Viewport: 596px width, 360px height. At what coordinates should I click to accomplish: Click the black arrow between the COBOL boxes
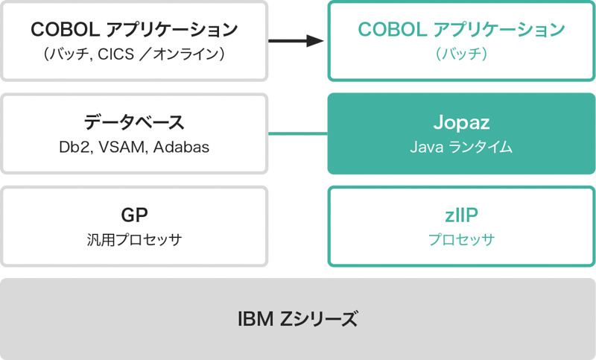(x=296, y=40)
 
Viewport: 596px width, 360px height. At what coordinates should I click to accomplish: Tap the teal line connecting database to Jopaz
(x=297, y=134)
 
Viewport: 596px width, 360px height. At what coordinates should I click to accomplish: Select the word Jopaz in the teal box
(x=461, y=123)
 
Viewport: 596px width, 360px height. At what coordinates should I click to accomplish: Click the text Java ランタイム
(x=461, y=148)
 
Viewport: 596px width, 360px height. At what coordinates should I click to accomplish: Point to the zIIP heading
(x=461, y=215)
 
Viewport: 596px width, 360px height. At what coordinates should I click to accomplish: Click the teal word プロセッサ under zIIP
(x=461, y=240)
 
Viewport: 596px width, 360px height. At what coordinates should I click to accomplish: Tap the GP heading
(x=134, y=215)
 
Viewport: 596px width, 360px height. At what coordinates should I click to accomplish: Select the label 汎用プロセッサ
(x=134, y=240)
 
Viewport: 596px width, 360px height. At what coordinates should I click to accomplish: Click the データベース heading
(x=134, y=123)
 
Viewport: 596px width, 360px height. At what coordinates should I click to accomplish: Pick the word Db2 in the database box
(x=74, y=148)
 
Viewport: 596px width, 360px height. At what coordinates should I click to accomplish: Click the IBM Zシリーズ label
(x=297, y=320)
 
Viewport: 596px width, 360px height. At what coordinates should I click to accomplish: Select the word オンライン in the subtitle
(x=194, y=54)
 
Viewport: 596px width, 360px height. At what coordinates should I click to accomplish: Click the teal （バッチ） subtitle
(x=461, y=54)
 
